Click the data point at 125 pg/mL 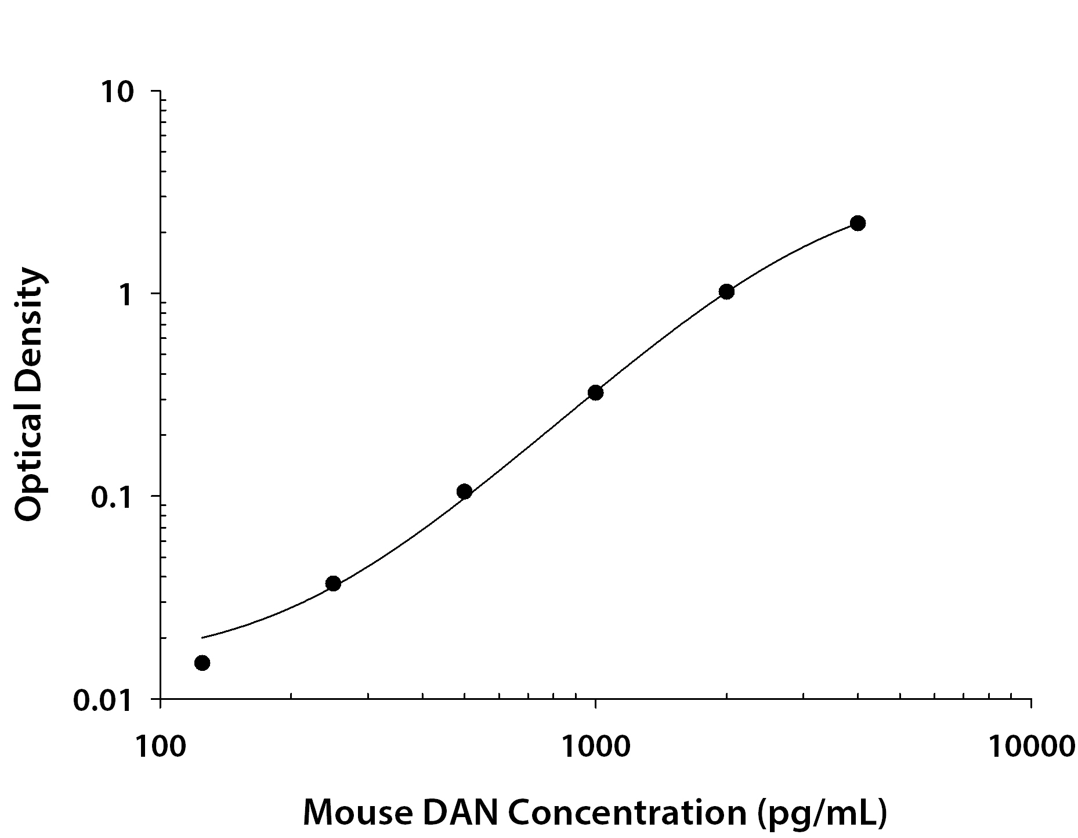[202, 663]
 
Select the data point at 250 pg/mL [333, 583]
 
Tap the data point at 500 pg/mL [464, 492]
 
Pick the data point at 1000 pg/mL [595, 393]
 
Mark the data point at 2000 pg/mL [726, 291]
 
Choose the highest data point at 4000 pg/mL [858, 223]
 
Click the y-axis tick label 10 [118, 93]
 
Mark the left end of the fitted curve [202, 638]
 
